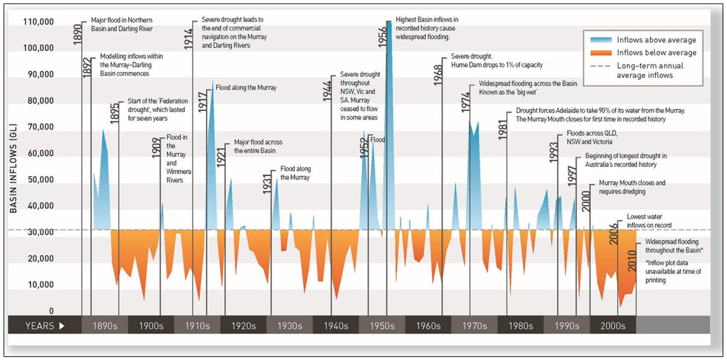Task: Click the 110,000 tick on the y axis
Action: [38, 22]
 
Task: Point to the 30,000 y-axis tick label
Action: [41, 232]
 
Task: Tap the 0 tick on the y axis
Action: [51, 311]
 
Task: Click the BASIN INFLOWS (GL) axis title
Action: [13, 168]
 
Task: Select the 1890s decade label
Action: [105, 326]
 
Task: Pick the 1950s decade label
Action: [382, 326]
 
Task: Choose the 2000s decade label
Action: [613, 326]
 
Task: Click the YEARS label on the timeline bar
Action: [40, 326]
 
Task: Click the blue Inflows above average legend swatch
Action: [601, 40]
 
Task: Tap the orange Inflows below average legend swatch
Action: [601, 53]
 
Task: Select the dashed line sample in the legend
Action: [601, 66]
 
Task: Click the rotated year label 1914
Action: [189, 39]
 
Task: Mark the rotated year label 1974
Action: [466, 102]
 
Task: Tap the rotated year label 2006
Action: [614, 233]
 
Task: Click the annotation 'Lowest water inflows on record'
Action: [648, 221]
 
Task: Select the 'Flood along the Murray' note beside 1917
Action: [246, 87]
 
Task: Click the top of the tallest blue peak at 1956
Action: [389, 22]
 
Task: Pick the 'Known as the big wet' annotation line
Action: [508, 93]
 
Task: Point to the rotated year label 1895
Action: [115, 113]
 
